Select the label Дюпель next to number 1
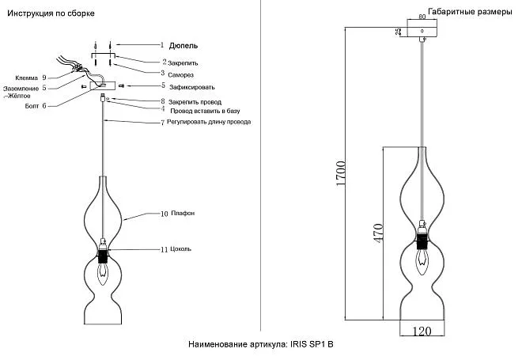point(183,46)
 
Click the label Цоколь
point(181,249)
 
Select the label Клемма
point(26,78)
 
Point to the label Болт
point(32,105)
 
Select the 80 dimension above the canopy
point(422,17)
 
